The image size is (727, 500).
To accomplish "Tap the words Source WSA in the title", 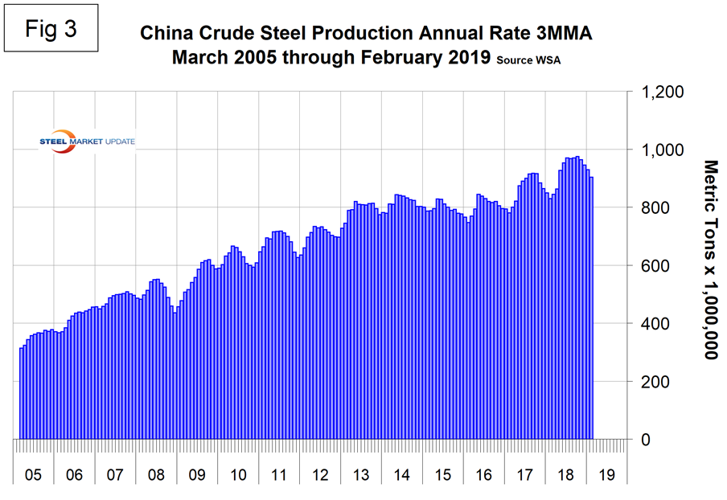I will [528, 60].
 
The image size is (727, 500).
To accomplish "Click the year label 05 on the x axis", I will [33, 475].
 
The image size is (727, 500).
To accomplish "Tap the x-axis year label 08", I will [156, 475].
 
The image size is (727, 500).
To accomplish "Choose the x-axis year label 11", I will [279, 475].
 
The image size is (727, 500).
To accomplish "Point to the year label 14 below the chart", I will [402, 475].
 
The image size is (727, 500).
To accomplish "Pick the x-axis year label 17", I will [525, 475].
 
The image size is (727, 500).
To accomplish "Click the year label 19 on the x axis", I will [607, 475].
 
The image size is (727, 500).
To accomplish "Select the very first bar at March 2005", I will [21, 394].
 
